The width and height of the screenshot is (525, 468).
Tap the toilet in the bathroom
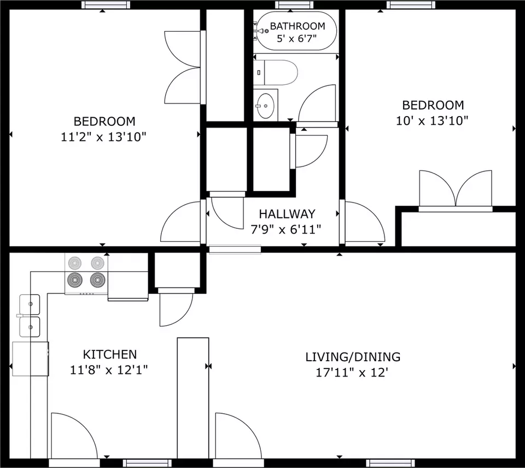point(276,72)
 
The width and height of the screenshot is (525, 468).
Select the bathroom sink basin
point(266,106)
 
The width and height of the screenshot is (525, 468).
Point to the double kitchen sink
point(30,315)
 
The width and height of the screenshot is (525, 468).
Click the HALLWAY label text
point(287,214)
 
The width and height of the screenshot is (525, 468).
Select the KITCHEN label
point(110,354)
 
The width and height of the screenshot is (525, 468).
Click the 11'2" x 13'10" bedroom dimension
point(103,137)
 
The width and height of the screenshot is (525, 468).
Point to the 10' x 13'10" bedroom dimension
point(432,120)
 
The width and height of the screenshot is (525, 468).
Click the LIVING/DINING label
point(353,357)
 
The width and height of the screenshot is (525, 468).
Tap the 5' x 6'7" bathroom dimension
point(296,38)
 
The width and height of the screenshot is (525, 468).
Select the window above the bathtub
point(294,5)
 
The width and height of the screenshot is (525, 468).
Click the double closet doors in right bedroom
point(456,190)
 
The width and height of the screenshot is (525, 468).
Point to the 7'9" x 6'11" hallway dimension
point(286,230)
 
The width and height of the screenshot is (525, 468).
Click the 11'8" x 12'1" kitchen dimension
point(109,370)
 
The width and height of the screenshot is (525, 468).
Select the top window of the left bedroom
point(106,5)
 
